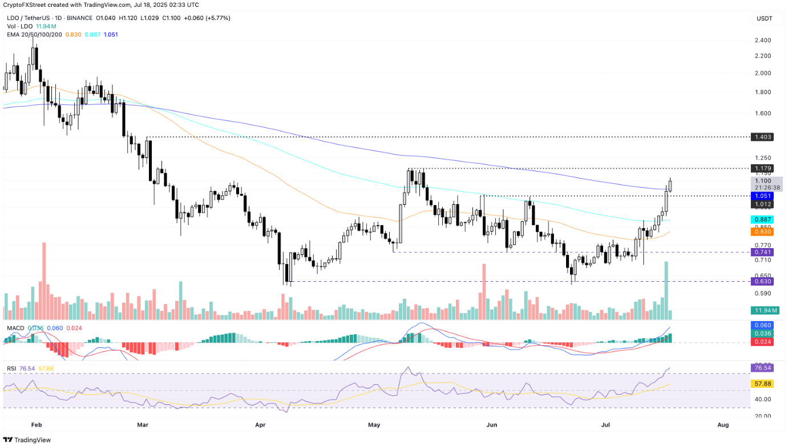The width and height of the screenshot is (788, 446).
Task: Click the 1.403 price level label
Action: (x=762, y=137)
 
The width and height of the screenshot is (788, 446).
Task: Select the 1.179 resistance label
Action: (x=762, y=169)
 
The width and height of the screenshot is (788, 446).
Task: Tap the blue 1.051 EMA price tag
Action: (x=762, y=196)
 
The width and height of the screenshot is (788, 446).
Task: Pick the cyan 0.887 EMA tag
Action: (x=762, y=220)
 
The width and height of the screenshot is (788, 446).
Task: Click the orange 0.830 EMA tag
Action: (x=762, y=232)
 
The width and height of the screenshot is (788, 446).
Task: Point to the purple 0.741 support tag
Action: (x=762, y=252)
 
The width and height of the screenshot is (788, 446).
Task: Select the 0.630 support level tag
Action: (x=762, y=281)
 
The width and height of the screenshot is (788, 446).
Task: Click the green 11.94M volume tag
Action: (x=762, y=311)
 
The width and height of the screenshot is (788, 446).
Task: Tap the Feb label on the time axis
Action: (x=37, y=425)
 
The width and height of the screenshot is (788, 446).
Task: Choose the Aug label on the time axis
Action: (x=722, y=425)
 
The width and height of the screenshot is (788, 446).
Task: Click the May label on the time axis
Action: (x=374, y=425)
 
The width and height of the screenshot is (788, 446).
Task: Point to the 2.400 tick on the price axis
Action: (x=762, y=40)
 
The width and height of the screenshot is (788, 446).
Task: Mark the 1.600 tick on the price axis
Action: (x=762, y=113)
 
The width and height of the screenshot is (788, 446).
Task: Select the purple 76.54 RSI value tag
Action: (x=762, y=368)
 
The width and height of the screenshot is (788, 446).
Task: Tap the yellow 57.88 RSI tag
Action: (x=762, y=384)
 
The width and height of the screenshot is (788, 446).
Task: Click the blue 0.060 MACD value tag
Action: (x=762, y=325)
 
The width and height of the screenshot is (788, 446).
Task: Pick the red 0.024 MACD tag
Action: (x=762, y=342)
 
